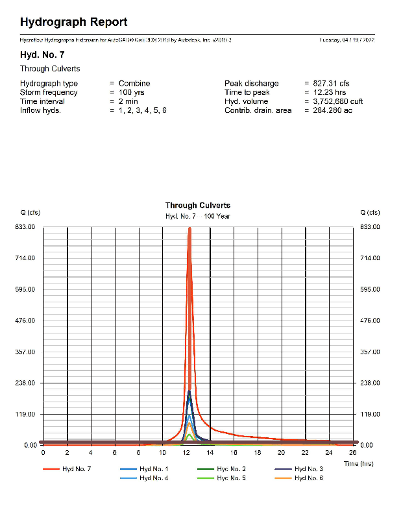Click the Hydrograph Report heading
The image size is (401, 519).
click(x=73, y=23)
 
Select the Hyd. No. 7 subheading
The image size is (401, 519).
click(x=42, y=54)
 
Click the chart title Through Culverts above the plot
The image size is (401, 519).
click(x=198, y=206)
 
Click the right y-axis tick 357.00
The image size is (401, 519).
click(x=370, y=352)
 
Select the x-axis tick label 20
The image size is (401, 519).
click(x=282, y=452)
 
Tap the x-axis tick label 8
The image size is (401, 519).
click(x=138, y=452)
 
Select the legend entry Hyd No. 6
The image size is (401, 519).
click(x=308, y=478)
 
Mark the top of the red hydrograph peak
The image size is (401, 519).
click(x=189, y=229)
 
